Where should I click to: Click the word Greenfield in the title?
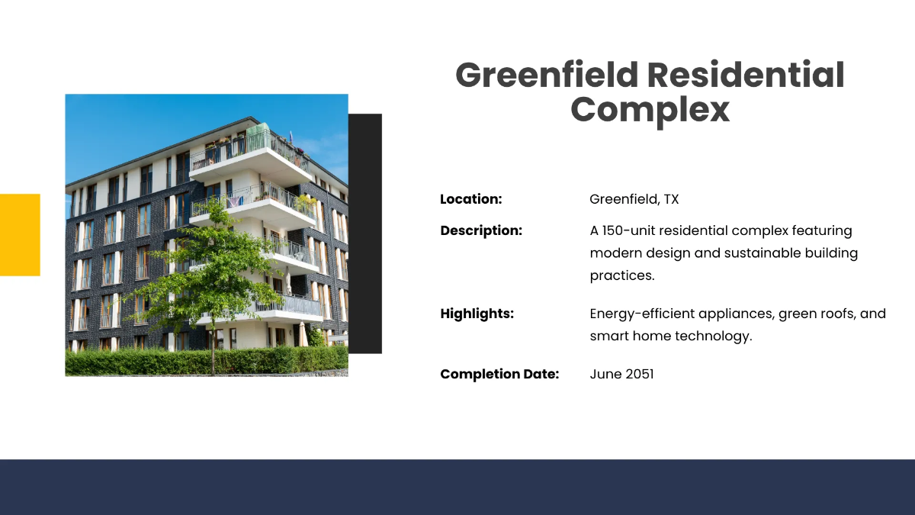[x=546, y=76]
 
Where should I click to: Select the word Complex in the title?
[x=650, y=110]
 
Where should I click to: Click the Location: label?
[x=470, y=200]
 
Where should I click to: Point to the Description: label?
[x=481, y=230]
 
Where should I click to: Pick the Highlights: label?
[x=477, y=314]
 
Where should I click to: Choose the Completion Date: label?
[x=499, y=375]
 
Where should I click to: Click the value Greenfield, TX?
[x=634, y=200]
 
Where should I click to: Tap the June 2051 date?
[x=621, y=375]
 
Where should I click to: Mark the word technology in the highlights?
[x=713, y=336]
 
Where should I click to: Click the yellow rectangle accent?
[x=20, y=234]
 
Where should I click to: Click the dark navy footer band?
[x=457, y=487]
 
